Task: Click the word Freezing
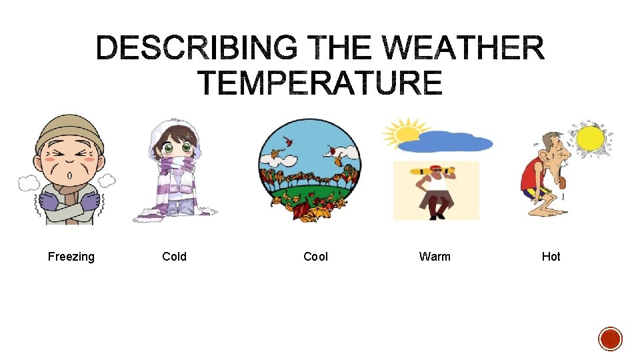click(71, 257)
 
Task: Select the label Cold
click(174, 257)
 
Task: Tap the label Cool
click(315, 257)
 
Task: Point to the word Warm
click(435, 257)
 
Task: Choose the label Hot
click(551, 257)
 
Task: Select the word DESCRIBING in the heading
click(197, 49)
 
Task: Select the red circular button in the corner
click(610, 339)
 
